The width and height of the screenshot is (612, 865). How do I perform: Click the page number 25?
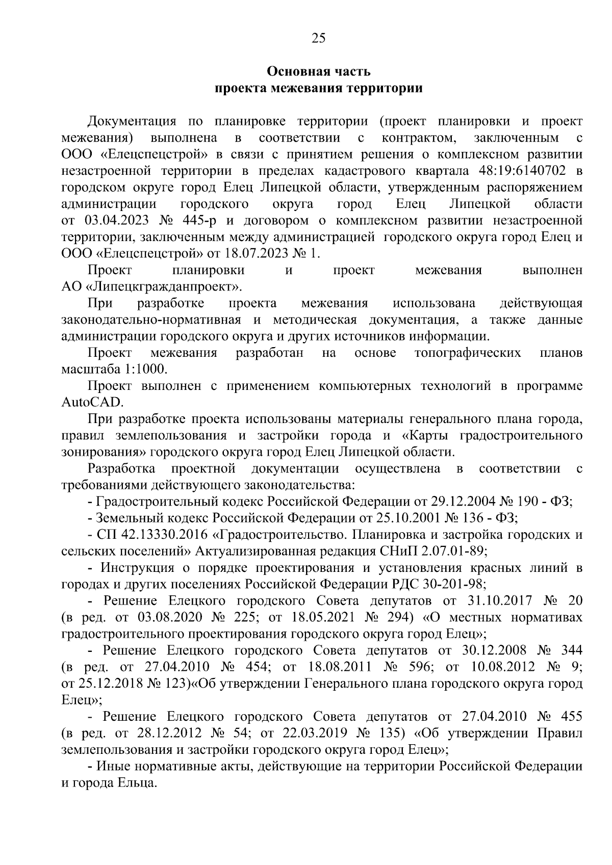(x=318, y=38)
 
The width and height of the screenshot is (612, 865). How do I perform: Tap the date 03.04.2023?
(x=110, y=221)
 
